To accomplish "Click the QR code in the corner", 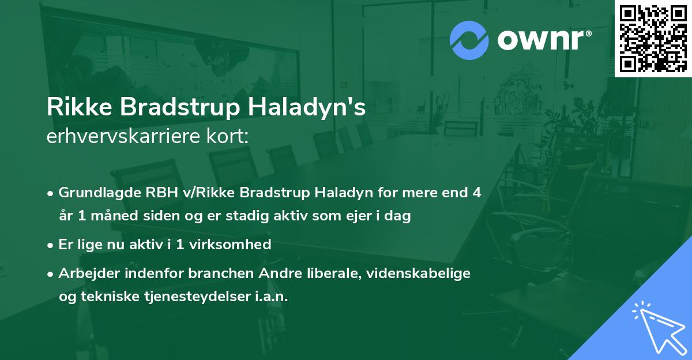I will (653, 38).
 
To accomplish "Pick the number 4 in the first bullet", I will (476, 192).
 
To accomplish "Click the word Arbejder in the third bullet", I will (84, 273).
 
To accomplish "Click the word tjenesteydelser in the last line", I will (186, 297).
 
